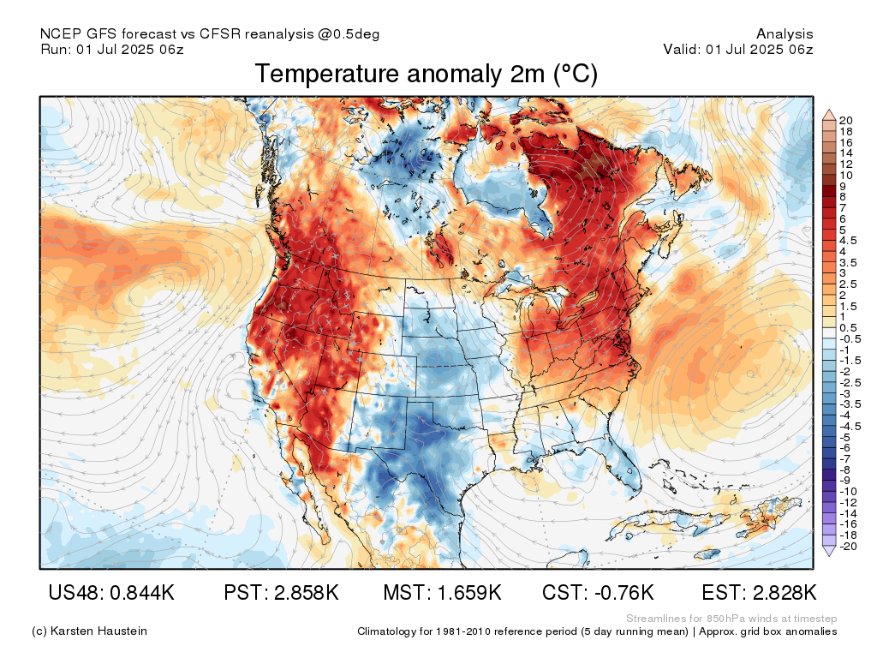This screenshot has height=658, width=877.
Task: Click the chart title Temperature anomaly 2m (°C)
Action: pos(426,75)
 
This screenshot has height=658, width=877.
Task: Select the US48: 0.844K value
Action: pos(111,593)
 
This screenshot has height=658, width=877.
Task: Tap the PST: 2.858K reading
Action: pos(280,593)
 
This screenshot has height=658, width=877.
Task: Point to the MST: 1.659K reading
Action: pos(441,593)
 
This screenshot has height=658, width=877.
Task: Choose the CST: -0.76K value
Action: pos(598,593)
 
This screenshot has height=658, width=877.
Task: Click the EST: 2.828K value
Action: pos(759,593)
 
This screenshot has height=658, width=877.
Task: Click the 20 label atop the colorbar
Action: pos(846,120)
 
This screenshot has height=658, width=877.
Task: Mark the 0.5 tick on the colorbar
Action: pos(849,328)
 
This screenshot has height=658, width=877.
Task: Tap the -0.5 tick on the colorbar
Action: pos(849,339)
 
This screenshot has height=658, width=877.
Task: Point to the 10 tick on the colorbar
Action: pos(846,175)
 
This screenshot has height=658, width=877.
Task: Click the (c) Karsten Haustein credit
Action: pos(89,631)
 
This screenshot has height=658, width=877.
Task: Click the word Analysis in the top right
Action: pos(785,34)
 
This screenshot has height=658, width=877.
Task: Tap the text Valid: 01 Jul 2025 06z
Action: pos(737,50)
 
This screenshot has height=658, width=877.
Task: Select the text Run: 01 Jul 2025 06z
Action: pos(111,50)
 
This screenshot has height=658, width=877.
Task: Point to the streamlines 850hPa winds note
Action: pos(731,619)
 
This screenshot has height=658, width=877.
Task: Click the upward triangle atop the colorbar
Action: pos(828,113)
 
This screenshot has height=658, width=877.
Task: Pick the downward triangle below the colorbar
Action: pos(828,552)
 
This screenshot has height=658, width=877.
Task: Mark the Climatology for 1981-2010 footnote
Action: pos(597,631)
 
